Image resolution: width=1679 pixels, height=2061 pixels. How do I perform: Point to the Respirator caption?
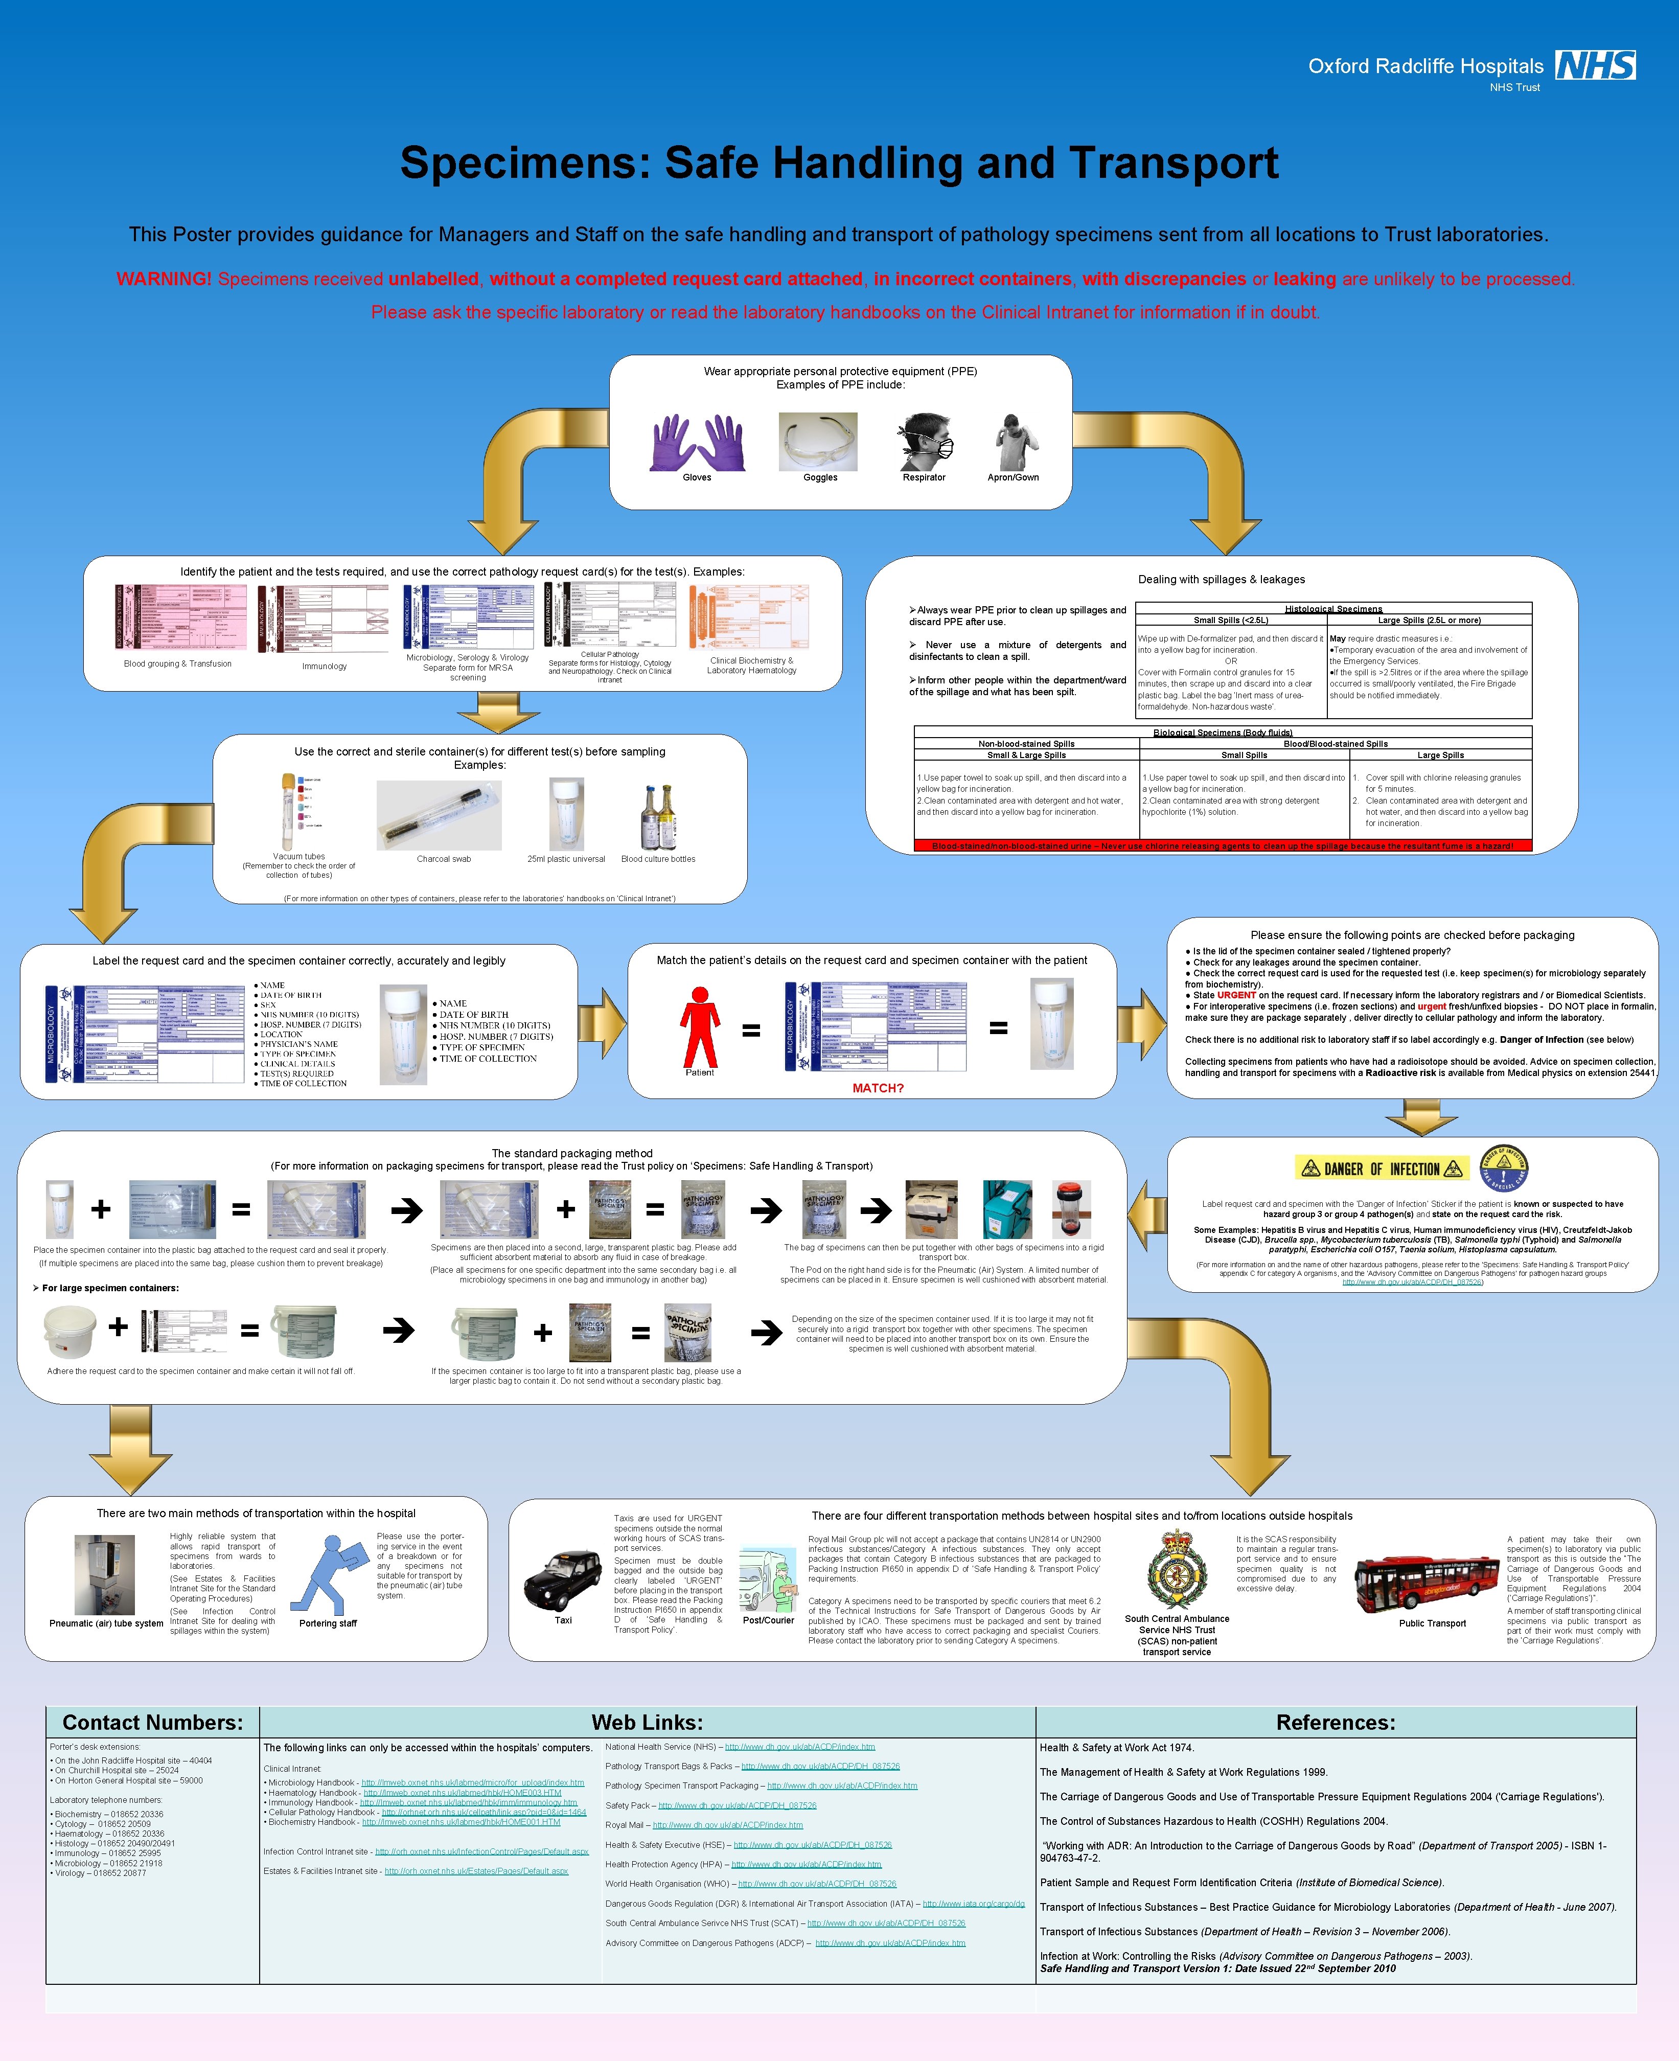coord(924,478)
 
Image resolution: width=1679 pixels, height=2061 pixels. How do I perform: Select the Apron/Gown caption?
coord(1013,478)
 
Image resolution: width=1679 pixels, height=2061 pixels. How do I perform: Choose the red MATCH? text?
coord(877,1088)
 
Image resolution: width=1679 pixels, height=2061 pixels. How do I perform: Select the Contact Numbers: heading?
coord(153,1723)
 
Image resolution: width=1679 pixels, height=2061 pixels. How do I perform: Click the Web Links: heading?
coord(647,1723)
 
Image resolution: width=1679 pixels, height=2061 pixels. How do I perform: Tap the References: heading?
coord(1336,1723)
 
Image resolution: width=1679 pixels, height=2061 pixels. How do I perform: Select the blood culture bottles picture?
coord(658,817)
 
